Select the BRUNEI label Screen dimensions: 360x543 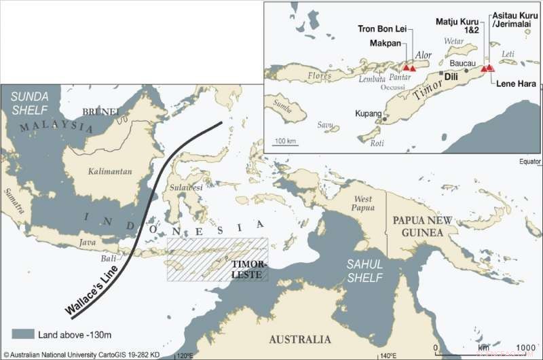[x=100, y=111]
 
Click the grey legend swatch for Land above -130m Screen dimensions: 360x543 [x=22, y=334]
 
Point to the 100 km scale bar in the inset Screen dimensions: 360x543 [x=286, y=145]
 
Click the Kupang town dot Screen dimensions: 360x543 [x=385, y=119]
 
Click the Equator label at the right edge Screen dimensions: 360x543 [x=529, y=162]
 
